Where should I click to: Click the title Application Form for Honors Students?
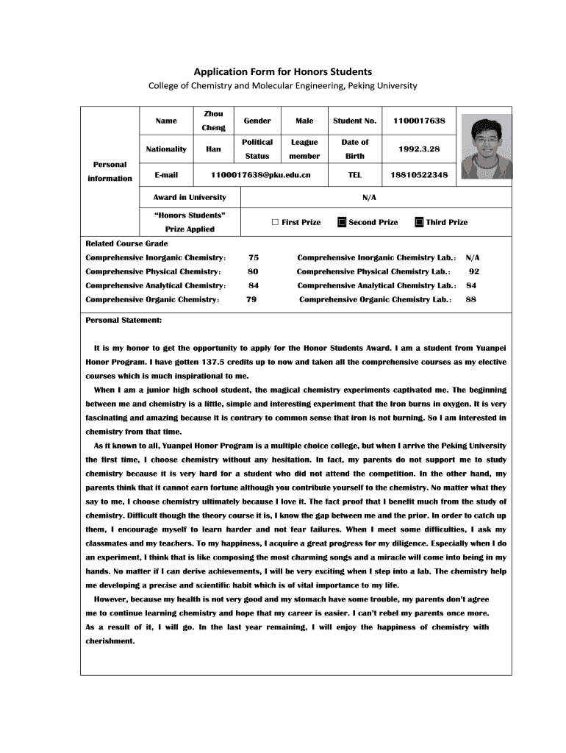(282, 71)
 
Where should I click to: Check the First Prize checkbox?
(275, 222)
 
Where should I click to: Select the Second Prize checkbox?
(342, 222)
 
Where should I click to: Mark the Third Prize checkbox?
(419, 222)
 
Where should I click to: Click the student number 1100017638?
(419, 121)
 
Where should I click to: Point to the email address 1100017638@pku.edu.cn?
(260, 175)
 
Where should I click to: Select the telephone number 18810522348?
(419, 175)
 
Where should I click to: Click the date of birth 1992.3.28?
(419, 149)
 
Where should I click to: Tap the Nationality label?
(166, 149)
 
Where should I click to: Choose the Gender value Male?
(304, 121)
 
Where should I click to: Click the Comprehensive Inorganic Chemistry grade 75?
(254, 258)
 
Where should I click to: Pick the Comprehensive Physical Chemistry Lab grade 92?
(474, 272)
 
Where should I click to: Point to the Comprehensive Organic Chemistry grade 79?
(251, 299)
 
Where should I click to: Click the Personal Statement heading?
(124, 321)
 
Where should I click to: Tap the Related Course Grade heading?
(126, 243)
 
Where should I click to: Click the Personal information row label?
(110, 171)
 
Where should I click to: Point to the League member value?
(304, 149)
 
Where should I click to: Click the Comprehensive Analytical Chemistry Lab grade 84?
(471, 285)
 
